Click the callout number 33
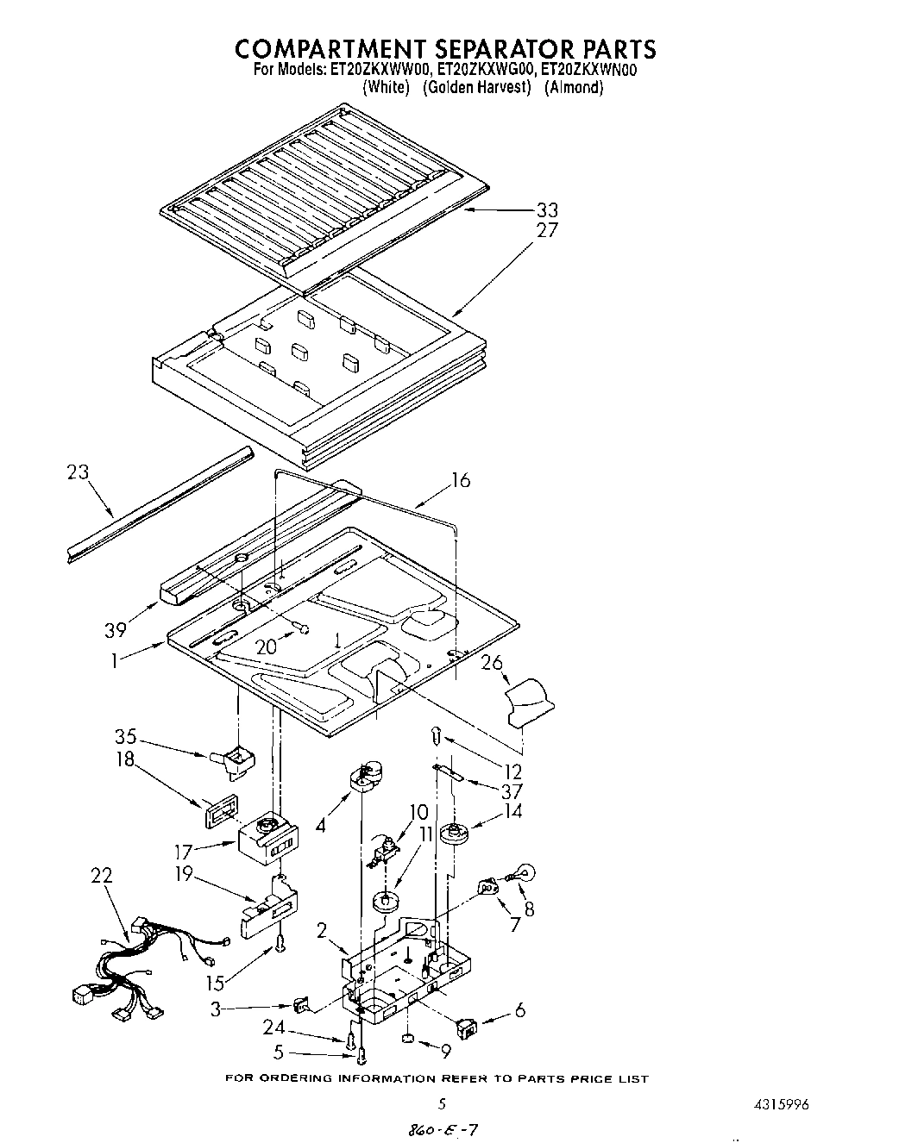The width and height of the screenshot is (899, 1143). [x=547, y=209]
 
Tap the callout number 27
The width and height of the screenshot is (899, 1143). [x=547, y=230]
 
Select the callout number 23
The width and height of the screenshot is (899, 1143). [x=78, y=472]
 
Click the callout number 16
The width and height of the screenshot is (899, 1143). [x=461, y=480]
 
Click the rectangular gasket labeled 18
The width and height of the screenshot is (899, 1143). [x=218, y=813]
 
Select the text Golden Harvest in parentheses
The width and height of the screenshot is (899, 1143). [x=476, y=87]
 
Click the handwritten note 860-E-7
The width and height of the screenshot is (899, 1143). [x=431, y=1128]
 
